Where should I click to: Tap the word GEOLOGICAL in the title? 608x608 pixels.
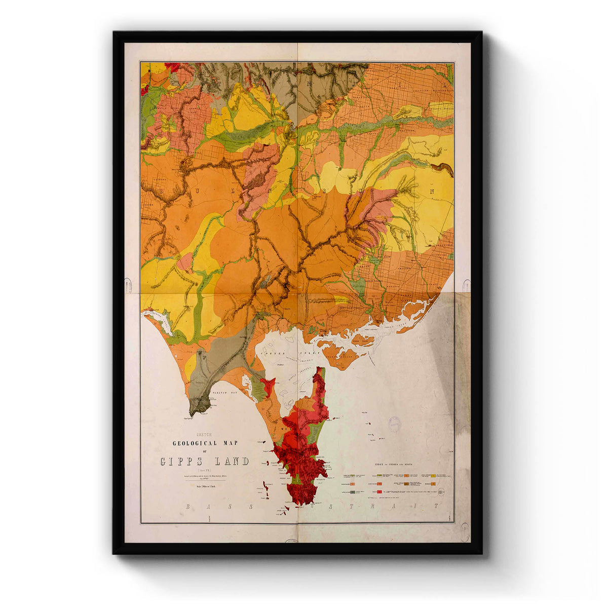tap(198, 443)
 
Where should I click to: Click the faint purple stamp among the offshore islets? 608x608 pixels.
tap(394, 424)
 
